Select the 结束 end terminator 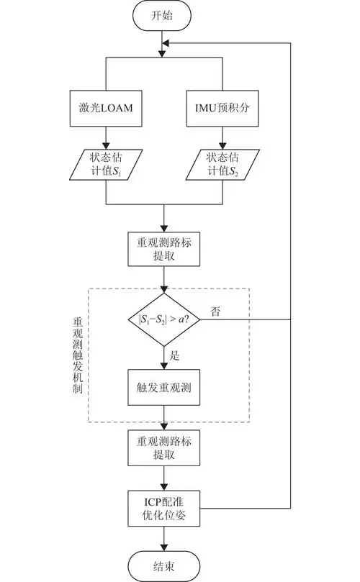(164, 565)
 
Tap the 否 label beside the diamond (215, 312)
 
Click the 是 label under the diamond (174, 355)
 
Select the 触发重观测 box (164, 388)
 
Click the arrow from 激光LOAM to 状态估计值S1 (107, 136)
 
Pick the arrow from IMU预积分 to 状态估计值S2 (222, 136)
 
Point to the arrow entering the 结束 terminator (164, 540)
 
